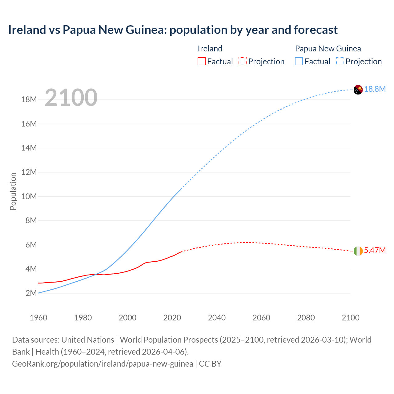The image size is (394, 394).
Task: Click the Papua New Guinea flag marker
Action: point(358,90)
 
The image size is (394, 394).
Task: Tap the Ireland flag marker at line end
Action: point(358,251)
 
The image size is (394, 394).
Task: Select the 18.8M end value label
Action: point(375,89)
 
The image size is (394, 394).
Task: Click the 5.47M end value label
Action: point(375,250)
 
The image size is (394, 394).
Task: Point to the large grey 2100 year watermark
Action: point(71,98)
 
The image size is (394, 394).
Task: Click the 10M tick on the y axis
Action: point(29,196)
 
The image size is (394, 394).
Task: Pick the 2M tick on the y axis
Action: point(31,293)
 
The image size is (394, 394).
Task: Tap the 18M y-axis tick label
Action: point(29,100)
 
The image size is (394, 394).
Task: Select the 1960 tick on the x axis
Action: point(38,318)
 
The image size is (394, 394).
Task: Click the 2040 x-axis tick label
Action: point(217,318)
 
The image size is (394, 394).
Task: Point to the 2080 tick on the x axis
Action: point(306,318)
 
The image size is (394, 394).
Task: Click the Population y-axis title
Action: point(13,191)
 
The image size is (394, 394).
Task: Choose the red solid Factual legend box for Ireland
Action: point(202,61)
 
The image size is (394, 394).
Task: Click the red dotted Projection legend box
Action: point(243,61)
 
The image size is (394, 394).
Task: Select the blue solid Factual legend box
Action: point(299,61)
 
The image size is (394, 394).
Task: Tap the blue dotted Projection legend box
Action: point(340,61)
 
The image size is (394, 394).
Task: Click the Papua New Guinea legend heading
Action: point(328,49)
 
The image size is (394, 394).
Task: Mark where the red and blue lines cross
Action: point(95,274)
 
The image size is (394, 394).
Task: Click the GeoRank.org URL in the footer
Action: point(103,364)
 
